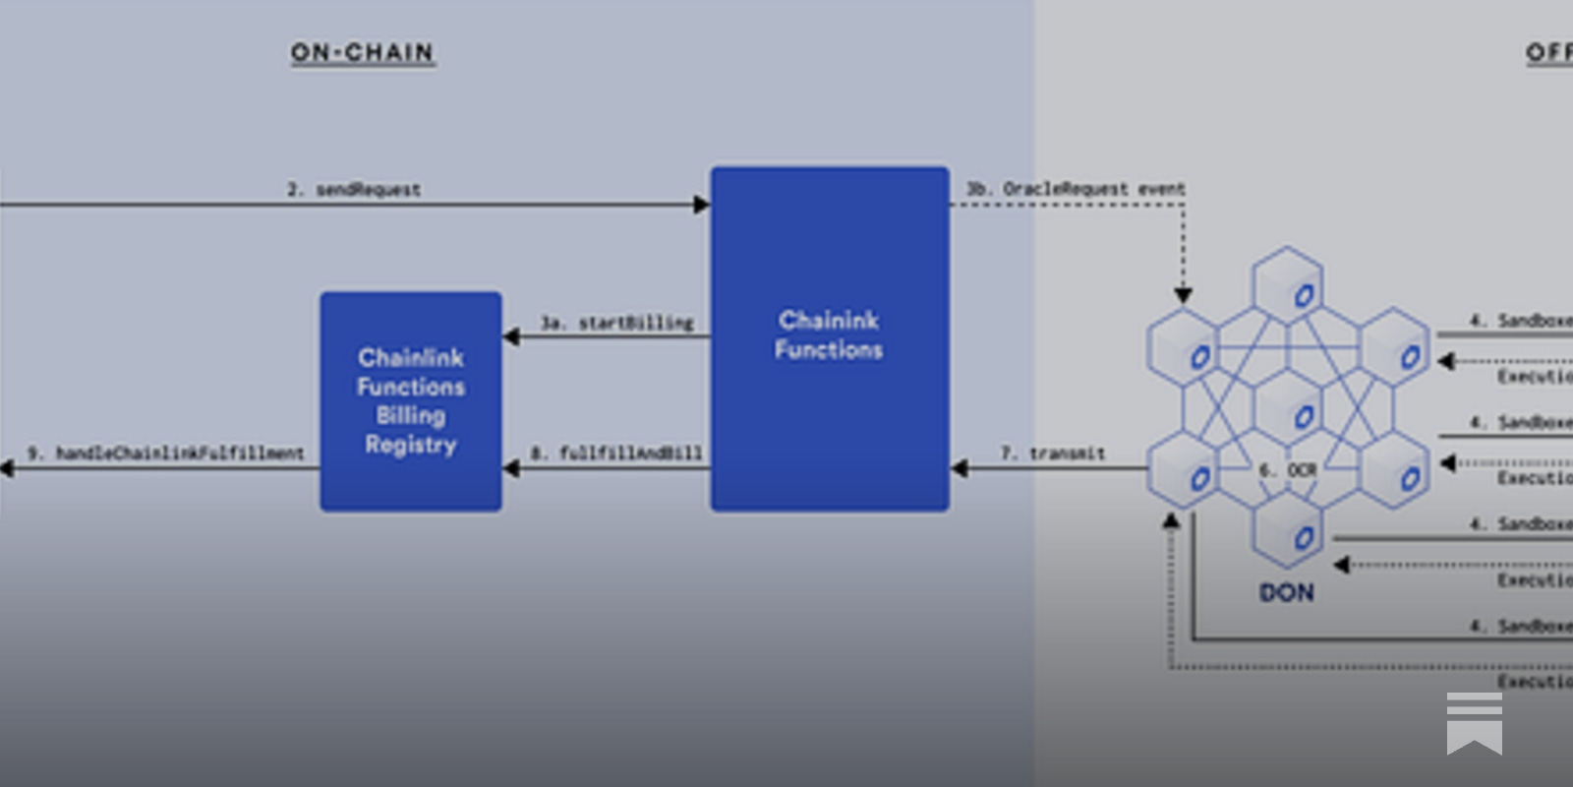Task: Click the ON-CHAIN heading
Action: (x=362, y=52)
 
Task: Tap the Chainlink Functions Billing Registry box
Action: (x=411, y=400)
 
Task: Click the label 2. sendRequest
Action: (x=354, y=189)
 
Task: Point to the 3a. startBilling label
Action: (x=616, y=323)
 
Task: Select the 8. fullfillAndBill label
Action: (x=616, y=453)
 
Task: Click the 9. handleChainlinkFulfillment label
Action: (x=165, y=453)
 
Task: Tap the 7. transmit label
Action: (x=1052, y=453)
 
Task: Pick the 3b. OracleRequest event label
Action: (x=1076, y=188)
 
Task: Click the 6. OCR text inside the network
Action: (x=1288, y=470)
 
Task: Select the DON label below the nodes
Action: (x=1286, y=592)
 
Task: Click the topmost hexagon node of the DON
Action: (x=1287, y=286)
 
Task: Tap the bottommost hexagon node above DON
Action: (x=1287, y=532)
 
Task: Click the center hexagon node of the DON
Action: (x=1287, y=409)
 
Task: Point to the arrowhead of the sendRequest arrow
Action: (x=702, y=205)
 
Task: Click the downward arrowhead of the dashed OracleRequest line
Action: (x=1184, y=295)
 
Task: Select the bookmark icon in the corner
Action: (x=1474, y=723)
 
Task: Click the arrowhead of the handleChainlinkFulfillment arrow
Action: (x=6, y=468)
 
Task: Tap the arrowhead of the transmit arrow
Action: (x=960, y=468)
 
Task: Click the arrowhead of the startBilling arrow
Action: (x=511, y=337)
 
